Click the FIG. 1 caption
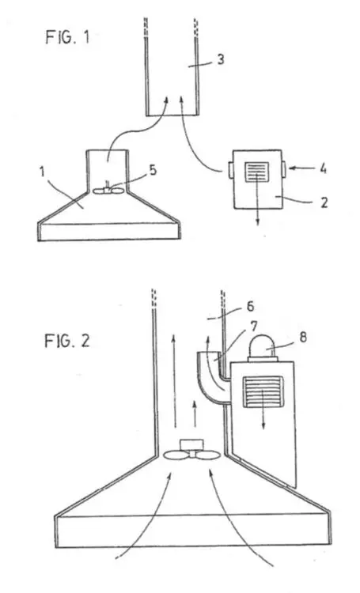(x=68, y=37)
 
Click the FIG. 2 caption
(x=67, y=341)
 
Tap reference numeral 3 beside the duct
(x=220, y=59)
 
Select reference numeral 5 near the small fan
(x=153, y=170)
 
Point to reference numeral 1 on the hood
(x=43, y=172)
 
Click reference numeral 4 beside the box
(x=323, y=168)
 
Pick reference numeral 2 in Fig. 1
(x=324, y=202)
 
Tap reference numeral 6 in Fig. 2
(x=250, y=306)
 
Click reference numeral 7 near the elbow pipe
(x=254, y=327)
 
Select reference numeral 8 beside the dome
(x=303, y=337)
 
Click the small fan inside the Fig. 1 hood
(x=108, y=190)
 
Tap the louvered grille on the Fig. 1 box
(x=257, y=172)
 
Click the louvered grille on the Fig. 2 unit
(x=263, y=391)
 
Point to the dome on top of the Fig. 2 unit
(x=263, y=348)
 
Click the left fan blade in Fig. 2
(x=176, y=455)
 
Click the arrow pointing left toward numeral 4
(x=299, y=167)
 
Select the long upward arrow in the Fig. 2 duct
(x=174, y=381)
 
